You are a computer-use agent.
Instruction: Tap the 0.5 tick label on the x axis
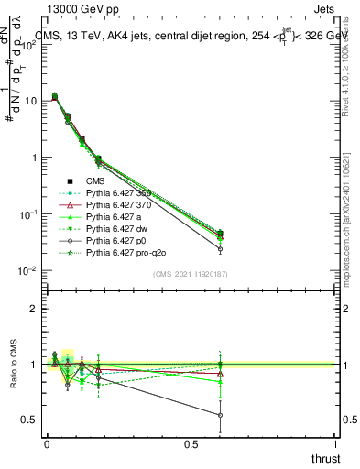191,443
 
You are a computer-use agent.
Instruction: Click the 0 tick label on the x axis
47,443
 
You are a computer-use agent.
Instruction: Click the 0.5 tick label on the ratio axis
28,420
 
